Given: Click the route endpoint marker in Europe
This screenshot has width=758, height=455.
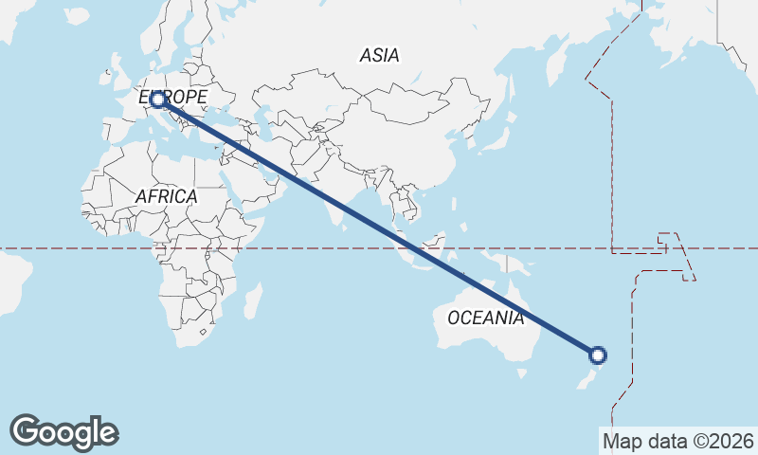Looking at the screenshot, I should pos(157,99).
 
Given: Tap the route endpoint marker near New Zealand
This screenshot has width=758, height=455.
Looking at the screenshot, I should pos(597,355).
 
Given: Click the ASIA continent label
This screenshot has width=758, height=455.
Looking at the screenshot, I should pos(379,55).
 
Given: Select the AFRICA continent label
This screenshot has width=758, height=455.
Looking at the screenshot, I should pos(166,196).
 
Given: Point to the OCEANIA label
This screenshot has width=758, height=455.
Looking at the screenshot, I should pos(485,318).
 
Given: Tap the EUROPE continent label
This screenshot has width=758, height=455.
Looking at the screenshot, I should pos(173,98).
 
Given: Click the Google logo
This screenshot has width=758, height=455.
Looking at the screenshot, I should pos(63,432).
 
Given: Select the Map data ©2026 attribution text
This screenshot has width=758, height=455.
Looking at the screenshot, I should pos(678,441).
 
